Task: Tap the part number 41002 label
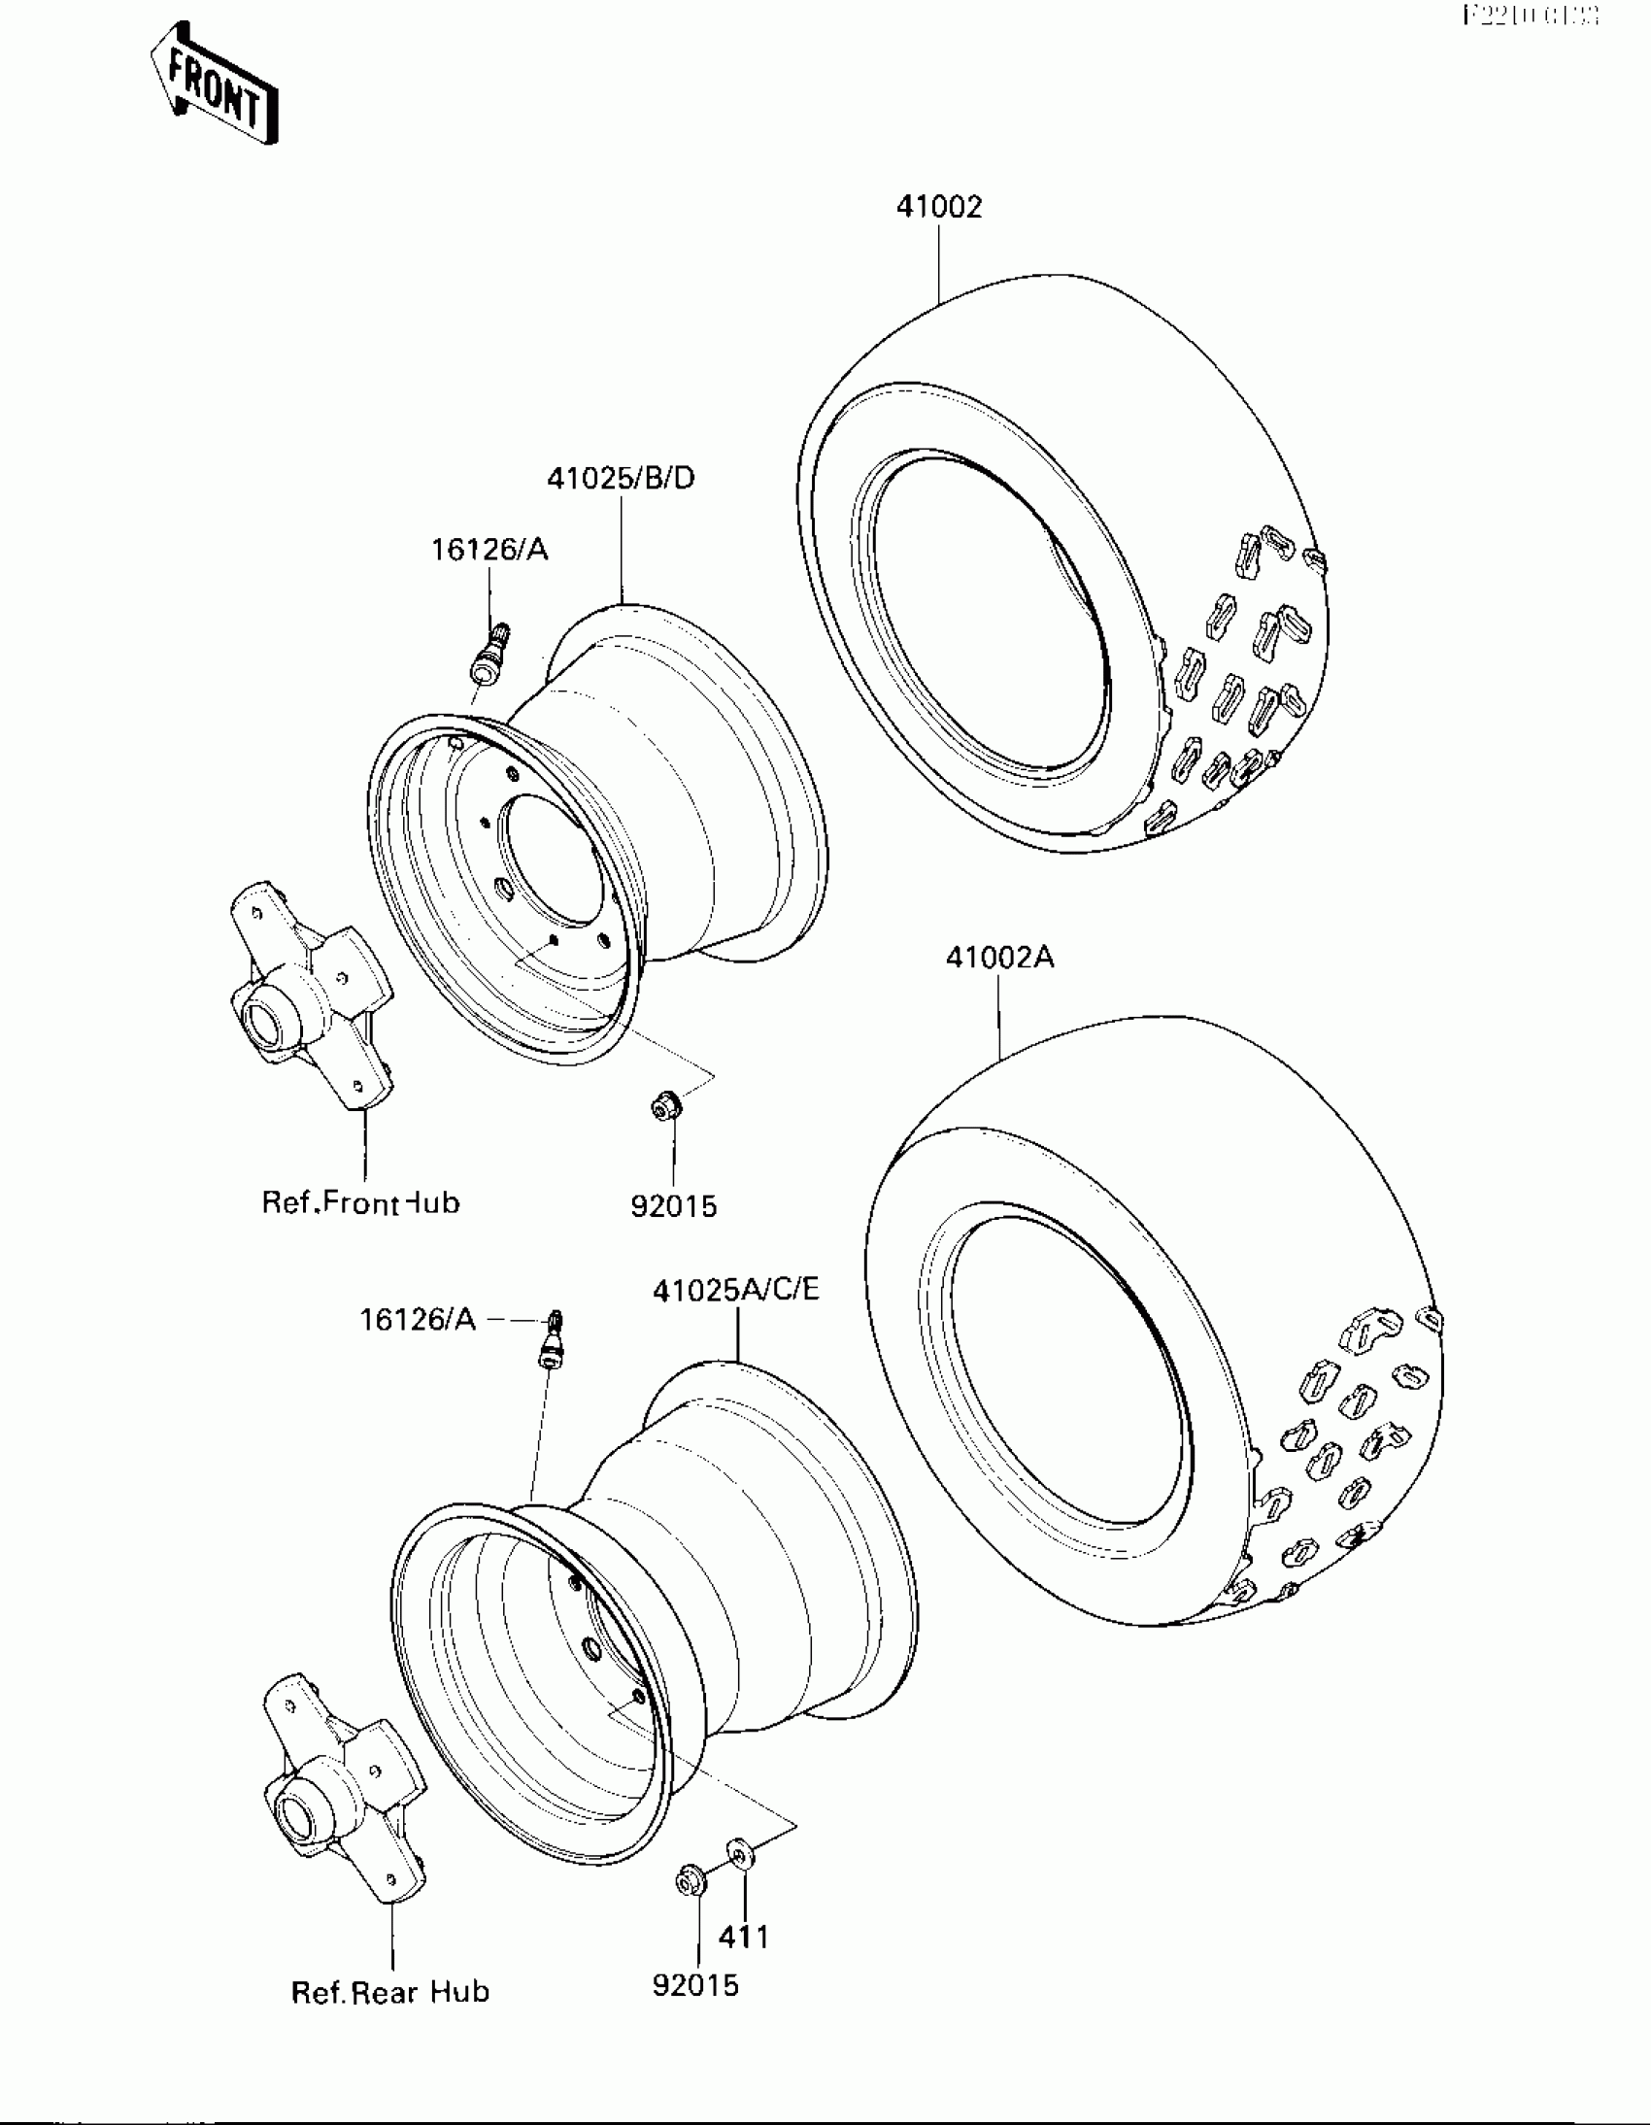point(939,207)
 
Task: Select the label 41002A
point(1000,959)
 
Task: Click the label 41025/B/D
point(621,479)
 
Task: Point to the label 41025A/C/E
point(736,1290)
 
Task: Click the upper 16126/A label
point(489,551)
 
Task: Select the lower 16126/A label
point(418,1319)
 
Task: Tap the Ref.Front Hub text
point(360,1202)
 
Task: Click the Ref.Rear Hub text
point(390,1992)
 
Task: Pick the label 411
point(743,1938)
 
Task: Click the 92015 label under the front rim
point(673,1206)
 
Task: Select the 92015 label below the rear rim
point(695,1985)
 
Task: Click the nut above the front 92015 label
point(665,1105)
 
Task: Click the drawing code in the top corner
point(1531,17)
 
